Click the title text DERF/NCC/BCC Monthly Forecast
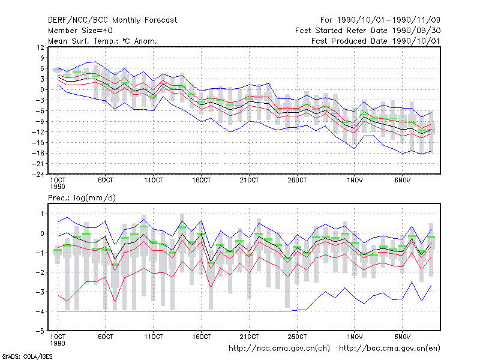pos(112,20)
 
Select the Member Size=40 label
pos(80,31)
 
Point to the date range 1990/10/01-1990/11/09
pos(388,20)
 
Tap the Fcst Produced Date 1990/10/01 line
pos(376,41)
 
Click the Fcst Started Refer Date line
pos(368,31)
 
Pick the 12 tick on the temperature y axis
pos(40,47)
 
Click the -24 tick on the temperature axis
pos(38,175)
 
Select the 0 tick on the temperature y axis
pos(42,89)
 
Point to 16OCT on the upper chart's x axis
pos(202,180)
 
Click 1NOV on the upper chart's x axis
pos(355,180)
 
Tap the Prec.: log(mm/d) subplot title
pos(82,198)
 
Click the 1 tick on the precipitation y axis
pos(42,214)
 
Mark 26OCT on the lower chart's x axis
pos(297,337)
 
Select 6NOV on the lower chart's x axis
pos(402,337)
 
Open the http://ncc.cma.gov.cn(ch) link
pos(279,349)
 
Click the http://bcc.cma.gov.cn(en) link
pos(389,349)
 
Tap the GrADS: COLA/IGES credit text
pos(27,356)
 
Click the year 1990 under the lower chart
pos(58,343)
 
